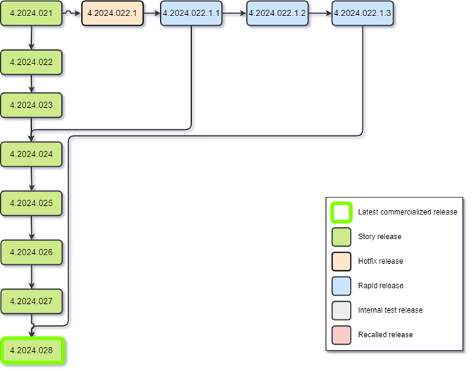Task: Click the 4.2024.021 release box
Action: (32, 13)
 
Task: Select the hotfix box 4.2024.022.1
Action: (113, 13)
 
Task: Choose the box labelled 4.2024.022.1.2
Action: (277, 13)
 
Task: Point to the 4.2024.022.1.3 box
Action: (363, 13)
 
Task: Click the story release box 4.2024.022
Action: (32, 62)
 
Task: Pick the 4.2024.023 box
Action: (32, 105)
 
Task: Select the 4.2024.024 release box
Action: (32, 154)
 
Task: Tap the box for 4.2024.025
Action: (32, 203)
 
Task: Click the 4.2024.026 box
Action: (32, 252)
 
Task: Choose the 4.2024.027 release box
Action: (32, 301)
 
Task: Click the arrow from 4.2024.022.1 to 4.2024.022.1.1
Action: (151, 13)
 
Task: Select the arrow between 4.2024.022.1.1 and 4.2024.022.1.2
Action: (235, 13)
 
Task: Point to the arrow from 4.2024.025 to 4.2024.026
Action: (32, 228)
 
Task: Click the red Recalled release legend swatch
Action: (342, 334)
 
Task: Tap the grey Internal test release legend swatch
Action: (342, 310)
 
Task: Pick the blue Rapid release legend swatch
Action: (342, 285)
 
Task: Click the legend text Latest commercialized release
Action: (407, 212)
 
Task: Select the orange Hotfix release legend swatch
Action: (342, 261)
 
